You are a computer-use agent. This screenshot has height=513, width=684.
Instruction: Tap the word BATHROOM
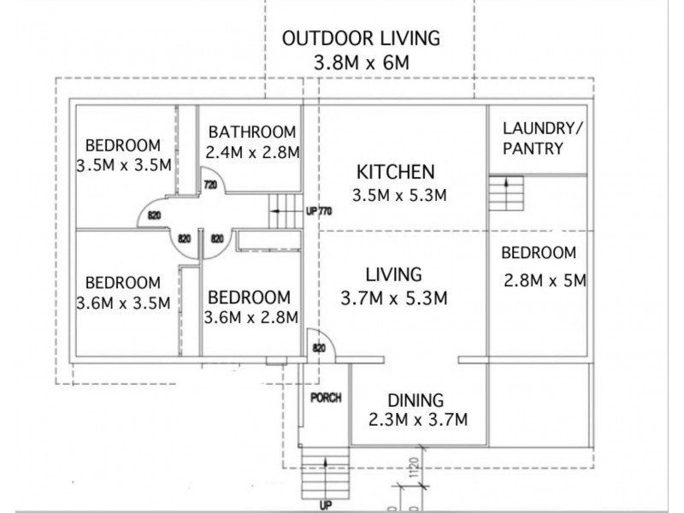pos(252,132)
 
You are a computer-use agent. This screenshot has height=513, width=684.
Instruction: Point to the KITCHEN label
pos(396,171)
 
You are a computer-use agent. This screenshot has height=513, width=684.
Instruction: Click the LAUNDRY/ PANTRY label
pos(536,139)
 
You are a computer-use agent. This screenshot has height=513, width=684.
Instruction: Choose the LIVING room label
pos(394,275)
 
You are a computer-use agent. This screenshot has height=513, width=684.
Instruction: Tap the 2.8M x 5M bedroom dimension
pos(543,280)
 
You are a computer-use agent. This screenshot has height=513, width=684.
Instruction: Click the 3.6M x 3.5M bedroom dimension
pos(124,303)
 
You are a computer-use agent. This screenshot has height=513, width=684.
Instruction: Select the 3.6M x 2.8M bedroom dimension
pos(252,317)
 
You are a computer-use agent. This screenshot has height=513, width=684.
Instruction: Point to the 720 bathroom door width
pos(209,185)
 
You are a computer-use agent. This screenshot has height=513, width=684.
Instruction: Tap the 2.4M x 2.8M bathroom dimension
pos(252,152)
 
